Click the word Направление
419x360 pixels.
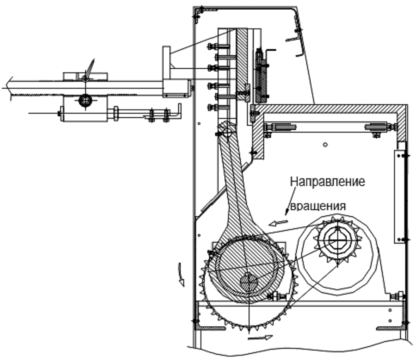pos(328,182)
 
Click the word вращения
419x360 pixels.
pos(318,206)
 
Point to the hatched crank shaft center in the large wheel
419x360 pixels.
pos(250,282)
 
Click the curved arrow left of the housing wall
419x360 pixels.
pos(180,274)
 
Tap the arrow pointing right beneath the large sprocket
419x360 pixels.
pos(260,338)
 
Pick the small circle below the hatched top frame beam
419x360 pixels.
pos(325,145)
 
